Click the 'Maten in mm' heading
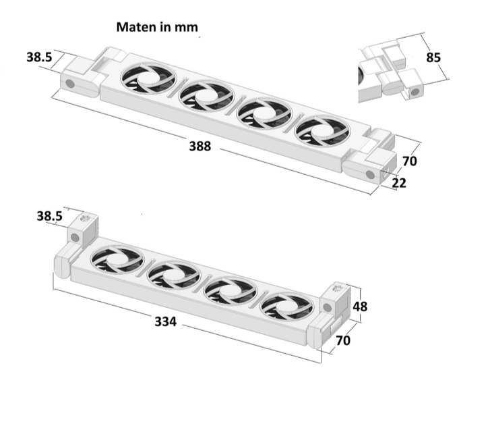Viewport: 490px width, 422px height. coord(157,27)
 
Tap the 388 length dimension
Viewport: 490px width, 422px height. coord(200,147)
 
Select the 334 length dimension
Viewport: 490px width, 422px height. coord(166,321)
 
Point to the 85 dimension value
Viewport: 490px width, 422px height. coord(433,57)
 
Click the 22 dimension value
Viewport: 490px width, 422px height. coord(399,183)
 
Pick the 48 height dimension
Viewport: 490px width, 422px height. coord(360,306)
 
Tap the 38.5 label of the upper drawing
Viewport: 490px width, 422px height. coord(39,57)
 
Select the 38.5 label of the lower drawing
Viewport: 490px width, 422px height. coord(50,216)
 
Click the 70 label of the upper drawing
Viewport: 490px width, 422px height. coord(410,161)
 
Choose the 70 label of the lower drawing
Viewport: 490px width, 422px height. coord(343,340)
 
